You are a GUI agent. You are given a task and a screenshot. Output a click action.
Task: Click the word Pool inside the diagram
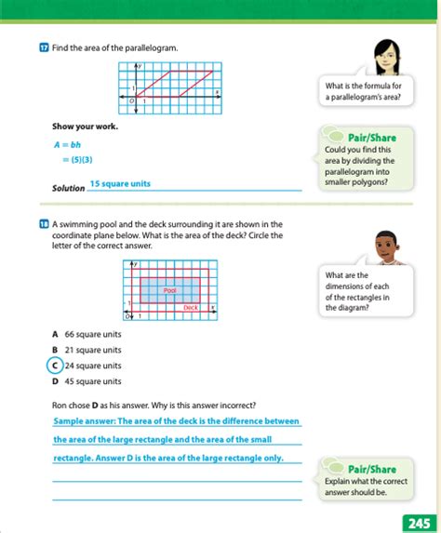(x=169, y=290)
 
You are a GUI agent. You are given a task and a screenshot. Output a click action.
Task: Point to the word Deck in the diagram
(x=190, y=308)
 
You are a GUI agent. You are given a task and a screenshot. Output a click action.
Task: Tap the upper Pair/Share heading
(x=371, y=137)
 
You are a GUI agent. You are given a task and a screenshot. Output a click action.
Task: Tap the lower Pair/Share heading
(x=371, y=470)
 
